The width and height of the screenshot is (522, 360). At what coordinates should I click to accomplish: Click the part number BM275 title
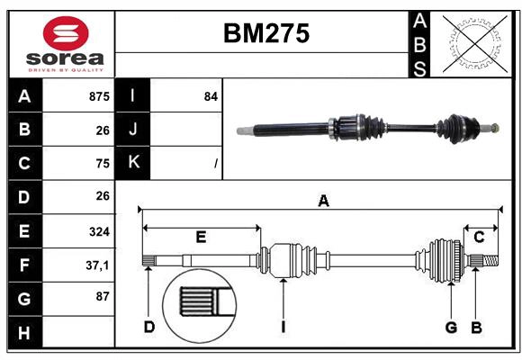click(265, 34)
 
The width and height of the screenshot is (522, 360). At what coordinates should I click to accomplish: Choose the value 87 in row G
click(102, 296)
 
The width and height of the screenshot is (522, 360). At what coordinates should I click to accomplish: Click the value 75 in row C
click(102, 164)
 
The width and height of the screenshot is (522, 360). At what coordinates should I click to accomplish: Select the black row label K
click(133, 163)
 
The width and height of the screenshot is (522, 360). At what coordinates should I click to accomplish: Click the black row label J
click(133, 130)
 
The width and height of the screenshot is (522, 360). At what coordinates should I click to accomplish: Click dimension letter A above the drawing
click(323, 202)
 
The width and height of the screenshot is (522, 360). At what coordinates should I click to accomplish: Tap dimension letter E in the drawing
click(201, 238)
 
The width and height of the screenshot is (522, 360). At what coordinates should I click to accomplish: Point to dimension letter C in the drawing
click(479, 238)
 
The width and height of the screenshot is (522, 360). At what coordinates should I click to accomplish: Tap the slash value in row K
click(215, 164)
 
